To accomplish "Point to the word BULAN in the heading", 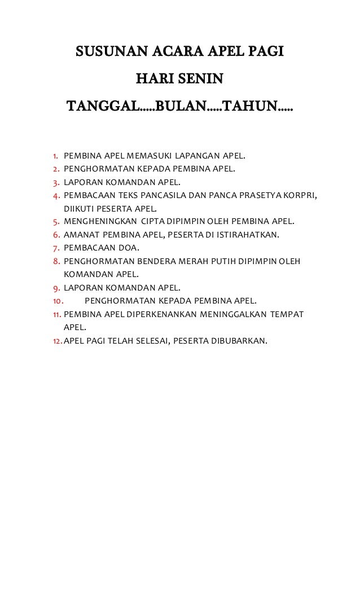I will pos(177,106).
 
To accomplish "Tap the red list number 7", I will pos(56,248).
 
